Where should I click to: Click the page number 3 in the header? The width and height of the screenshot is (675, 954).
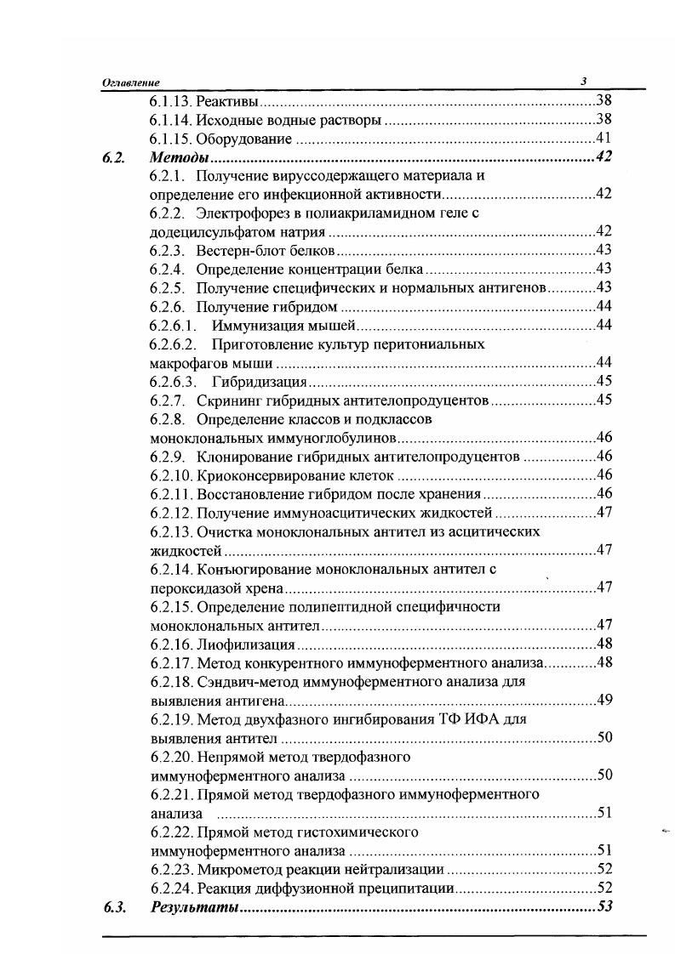[x=584, y=82]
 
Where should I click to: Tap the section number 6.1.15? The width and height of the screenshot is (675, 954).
[x=170, y=139]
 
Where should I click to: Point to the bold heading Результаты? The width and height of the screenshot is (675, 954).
[x=193, y=906]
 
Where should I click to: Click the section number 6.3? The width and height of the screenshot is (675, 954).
[x=114, y=906]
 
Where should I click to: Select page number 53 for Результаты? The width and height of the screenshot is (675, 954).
[x=605, y=906]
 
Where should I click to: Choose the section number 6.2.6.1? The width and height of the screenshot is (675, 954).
[x=174, y=326]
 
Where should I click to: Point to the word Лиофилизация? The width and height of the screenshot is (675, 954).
[x=245, y=644]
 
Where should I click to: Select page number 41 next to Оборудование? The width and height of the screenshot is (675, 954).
[x=604, y=139]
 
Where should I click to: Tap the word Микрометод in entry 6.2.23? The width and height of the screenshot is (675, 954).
[x=236, y=868]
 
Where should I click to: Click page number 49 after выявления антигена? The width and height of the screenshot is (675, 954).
[x=604, y=700]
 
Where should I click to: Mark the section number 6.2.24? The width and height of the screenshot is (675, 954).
[x=170, y=887]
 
